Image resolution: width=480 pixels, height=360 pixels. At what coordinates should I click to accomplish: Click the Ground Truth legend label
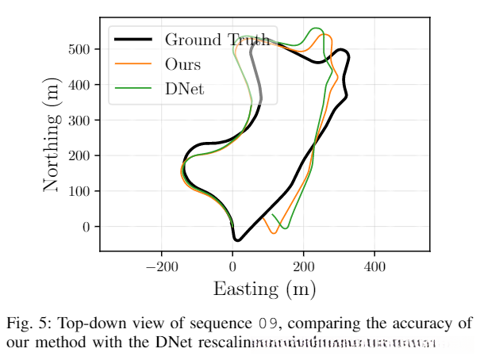217,39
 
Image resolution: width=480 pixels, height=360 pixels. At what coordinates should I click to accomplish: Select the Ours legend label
182,64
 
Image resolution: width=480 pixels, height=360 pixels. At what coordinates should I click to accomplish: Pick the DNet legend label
184,89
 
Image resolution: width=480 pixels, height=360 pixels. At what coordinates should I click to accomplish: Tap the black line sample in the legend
133,39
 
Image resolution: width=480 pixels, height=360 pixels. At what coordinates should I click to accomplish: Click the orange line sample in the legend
133,64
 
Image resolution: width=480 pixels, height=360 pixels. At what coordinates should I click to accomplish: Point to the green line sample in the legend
133,89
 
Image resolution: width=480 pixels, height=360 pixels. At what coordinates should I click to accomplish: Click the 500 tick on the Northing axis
82,49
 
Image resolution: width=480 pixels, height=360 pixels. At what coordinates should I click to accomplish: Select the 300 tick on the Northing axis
82,121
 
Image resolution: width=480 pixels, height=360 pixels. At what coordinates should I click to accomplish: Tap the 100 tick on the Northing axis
82,191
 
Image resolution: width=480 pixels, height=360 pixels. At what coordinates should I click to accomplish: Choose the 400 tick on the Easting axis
374,266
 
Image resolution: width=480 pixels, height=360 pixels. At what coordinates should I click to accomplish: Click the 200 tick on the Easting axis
303,266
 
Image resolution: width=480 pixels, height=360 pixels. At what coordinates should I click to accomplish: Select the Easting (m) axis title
264,289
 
